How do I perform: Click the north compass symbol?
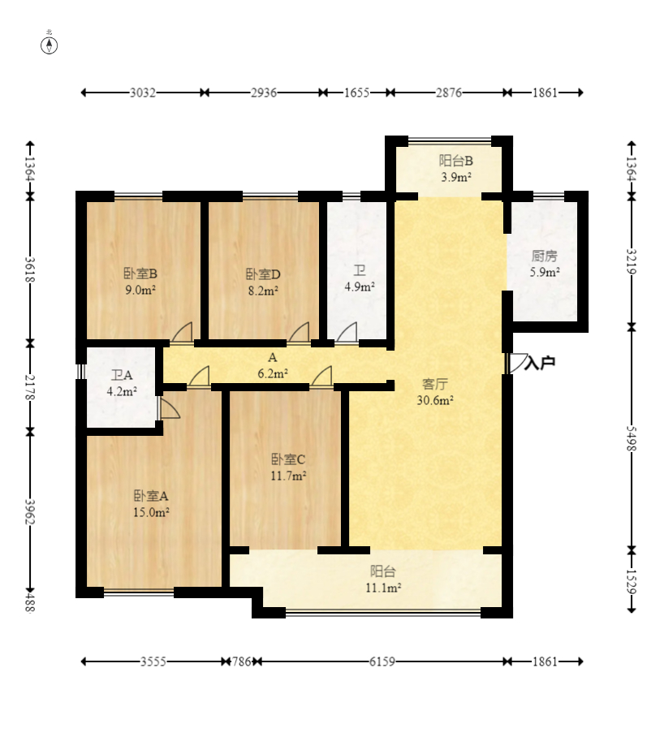tap(49, 45)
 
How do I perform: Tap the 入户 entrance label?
tap(540, 363)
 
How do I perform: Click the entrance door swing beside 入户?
tap(518, 363)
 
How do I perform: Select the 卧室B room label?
tap(140, 274)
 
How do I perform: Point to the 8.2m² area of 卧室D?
tap(264, 291)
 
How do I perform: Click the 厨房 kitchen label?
tap(545, 256)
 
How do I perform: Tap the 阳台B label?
tap(456, 161)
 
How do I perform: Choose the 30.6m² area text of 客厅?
tap(435, 400)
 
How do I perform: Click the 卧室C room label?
tap(288, 459)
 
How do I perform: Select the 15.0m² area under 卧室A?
tap(151, 513)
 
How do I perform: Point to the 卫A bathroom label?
tap(122, 375)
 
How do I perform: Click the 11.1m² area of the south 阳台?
tap(383, 588)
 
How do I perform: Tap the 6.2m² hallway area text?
tap(273, 373)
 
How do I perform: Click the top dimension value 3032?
tap(143, 93)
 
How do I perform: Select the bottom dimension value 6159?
tap(382, 661)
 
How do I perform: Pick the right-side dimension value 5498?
tap(632, 438)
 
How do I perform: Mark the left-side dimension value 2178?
tap(30, 388)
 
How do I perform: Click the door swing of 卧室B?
tap(182, 332)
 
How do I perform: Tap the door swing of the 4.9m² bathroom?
tap(347, 332)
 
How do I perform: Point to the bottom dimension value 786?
tap(241, 661)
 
